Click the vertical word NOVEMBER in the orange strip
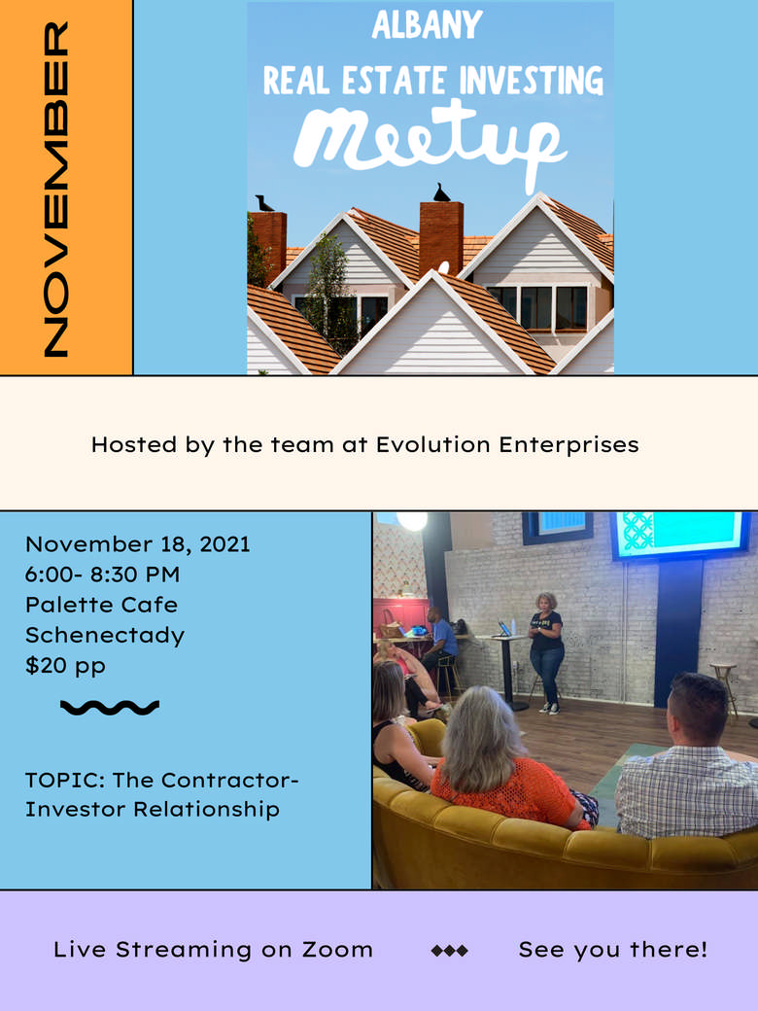[56, 189]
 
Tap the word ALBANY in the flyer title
[428, 25]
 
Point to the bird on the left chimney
[264, 203]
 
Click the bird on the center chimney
[441, 192]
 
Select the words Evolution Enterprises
[507, 444]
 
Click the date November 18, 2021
[137, 544]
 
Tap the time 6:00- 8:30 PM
[102, 574]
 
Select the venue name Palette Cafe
[101, 604]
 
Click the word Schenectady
[105, 635]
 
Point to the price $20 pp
[65, 665]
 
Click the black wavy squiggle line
[110, 708]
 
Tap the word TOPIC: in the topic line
[65, 781]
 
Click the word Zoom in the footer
[338, 949]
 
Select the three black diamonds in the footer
[449, 950]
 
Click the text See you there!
[613, 949]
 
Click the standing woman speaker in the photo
[546, 652]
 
